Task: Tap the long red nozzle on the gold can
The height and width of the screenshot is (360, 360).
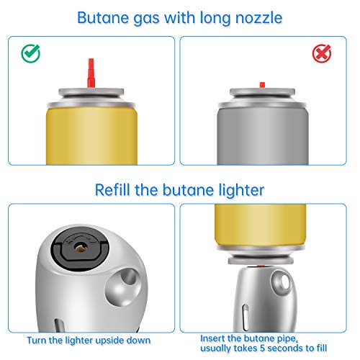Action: point(90,72)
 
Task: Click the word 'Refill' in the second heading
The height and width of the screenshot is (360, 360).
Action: point(117,190)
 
